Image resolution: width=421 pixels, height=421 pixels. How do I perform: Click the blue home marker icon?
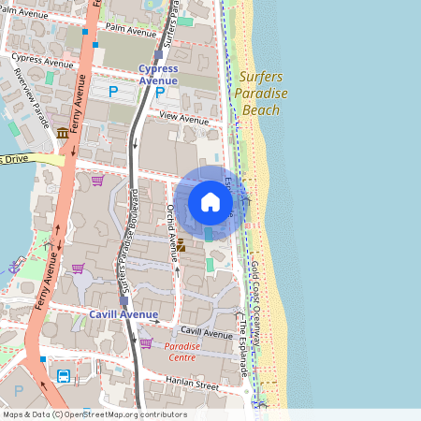pos(210,202)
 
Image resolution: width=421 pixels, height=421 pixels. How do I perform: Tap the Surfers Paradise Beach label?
pos(261,94)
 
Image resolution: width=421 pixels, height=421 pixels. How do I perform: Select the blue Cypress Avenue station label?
pos(157,74)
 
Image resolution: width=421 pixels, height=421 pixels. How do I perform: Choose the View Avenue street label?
pos(183,119)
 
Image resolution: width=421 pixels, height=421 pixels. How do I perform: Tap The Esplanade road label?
pos(241,345)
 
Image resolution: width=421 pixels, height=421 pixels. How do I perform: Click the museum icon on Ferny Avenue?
pos(62,133)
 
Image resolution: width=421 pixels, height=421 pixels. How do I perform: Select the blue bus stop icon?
pos(64,377)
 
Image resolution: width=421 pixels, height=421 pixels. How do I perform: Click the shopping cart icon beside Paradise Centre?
pos(145,342)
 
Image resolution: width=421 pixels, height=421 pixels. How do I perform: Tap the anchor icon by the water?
pos(13,266)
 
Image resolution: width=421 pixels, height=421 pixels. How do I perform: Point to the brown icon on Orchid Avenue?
pos(181,245)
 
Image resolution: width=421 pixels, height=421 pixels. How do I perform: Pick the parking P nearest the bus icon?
pos(18,389)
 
